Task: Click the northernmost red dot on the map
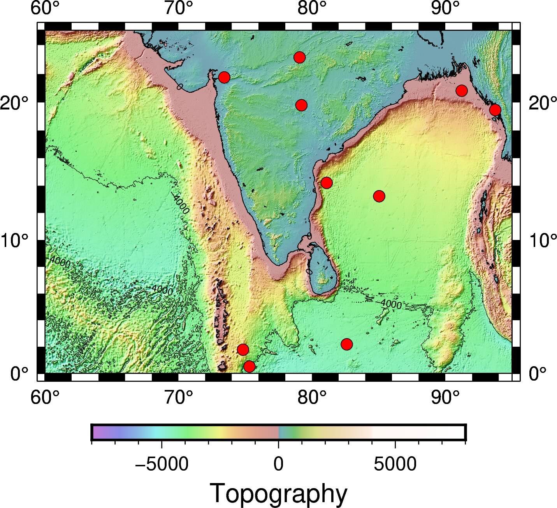(x=299, y=57)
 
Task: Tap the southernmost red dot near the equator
(x=249, y=366)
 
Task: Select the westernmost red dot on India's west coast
(x=224, y=77)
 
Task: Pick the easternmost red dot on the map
(x=495, y=110)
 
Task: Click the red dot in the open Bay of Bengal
(x=379, y=196)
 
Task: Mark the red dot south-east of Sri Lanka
(x=346, y=344)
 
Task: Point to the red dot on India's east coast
(x=326, y=182)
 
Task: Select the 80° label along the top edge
(x=312, y=9)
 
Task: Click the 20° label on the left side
(x=15, y=104)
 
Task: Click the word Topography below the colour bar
(x=278, y=494)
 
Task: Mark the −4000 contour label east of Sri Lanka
(x=390, y=303)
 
